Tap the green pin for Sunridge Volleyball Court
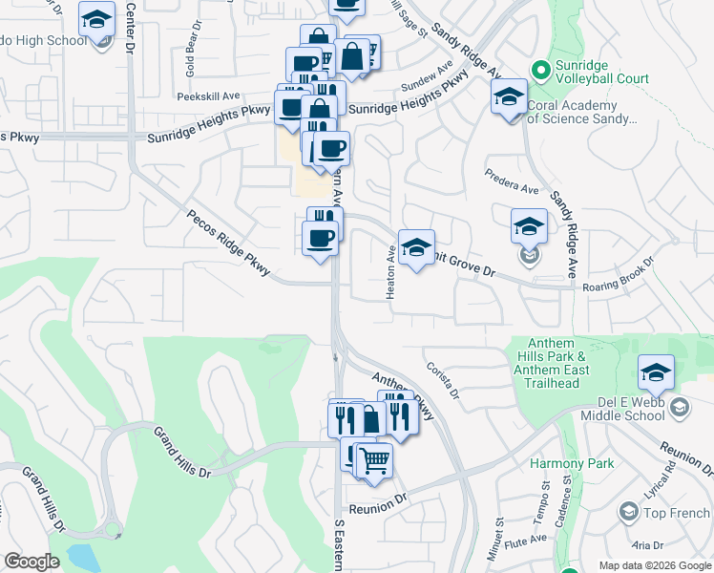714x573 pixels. click(x=540, y=69)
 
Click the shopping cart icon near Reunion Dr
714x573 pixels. click(x=374, y=460)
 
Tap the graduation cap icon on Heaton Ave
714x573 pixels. click(x=416, y=247)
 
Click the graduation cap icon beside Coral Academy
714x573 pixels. click(x=509, y=95)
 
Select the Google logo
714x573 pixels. click(x=31, y=561)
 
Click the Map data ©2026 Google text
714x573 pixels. click(x=654, y=565)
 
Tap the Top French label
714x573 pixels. click(x=676, y=513)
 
